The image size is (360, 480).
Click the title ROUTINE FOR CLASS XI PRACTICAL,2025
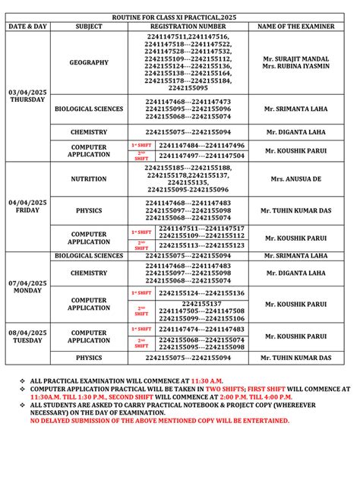coord(179,16)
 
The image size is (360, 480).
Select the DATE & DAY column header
coord(27,26)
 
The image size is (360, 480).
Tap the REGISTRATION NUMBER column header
coord(187,26)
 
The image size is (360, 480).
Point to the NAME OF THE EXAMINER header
coord(295,26)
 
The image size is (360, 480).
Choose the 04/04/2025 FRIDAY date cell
coord(27,206)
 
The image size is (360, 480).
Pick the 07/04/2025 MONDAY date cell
coord(27,287)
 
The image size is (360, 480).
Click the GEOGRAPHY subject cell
coord(89,62)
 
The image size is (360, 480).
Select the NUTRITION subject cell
coord(89,180)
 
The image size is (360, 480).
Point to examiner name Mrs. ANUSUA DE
coord(295,180)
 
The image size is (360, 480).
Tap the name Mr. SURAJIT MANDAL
coord(295,58)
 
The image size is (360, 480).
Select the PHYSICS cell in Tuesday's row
coord(89,357)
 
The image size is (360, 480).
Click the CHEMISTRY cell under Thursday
coord(89,131)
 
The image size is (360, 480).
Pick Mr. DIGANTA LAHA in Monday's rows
coord(295,273)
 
